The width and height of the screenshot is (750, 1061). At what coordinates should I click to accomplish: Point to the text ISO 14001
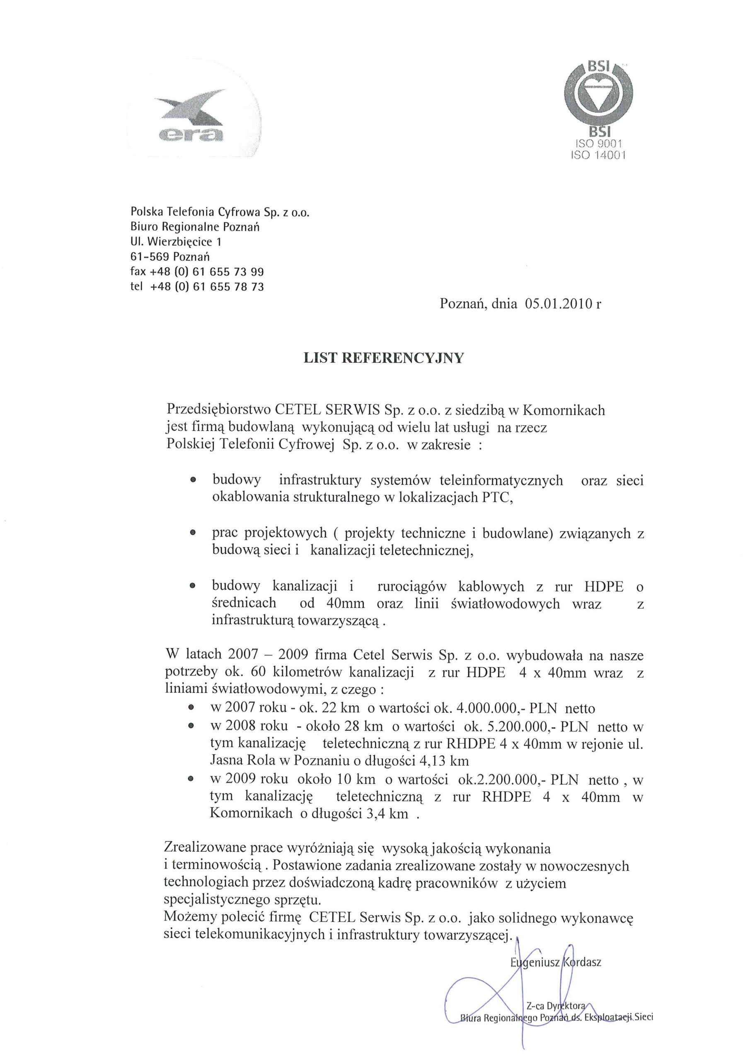[x=598, y=155]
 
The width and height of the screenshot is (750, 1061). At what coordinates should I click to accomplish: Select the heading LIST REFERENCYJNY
[x=383, y=358]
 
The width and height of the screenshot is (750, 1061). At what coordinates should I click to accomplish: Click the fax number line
[x=197, y=271]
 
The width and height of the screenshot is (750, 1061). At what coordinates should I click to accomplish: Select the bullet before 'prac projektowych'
[x=193, y=533]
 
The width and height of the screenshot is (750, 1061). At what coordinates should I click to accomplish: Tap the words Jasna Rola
[x=247, y=761]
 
